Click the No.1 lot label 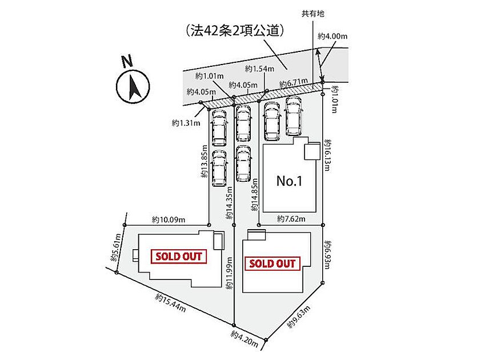[289, 181]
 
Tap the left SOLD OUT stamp [179, 257]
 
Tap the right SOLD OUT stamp [272, 263]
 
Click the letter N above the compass [127, 61]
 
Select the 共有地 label [313, 14]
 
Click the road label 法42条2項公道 [235, 31]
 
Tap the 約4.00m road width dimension [332, 36]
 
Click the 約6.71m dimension [294, 82]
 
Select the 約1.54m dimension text [259, 69]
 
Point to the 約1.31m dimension [186, 123]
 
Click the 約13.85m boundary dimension [205, 161]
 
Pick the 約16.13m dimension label [327, 155]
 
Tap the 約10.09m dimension [169, 220]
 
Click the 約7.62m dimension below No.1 [291, 218]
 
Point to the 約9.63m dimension [299, 317]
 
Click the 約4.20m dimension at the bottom [244, 339]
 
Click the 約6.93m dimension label [327, 255]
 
